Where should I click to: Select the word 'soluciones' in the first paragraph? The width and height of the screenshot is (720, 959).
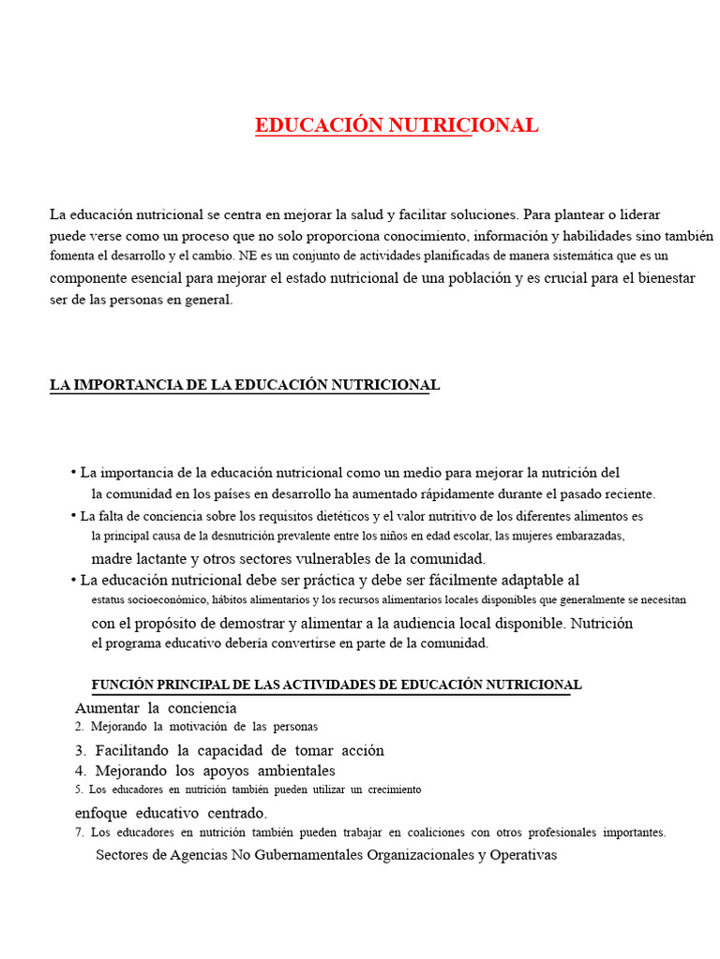tap(484, 214)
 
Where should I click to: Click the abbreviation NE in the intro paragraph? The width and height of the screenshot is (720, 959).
tap(247, 255)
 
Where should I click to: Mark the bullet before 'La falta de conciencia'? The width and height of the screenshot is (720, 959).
tap(73, 516)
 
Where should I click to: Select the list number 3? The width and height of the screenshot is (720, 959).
tap(80, 750)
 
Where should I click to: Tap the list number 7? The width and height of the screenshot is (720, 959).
tap(79, 832)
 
